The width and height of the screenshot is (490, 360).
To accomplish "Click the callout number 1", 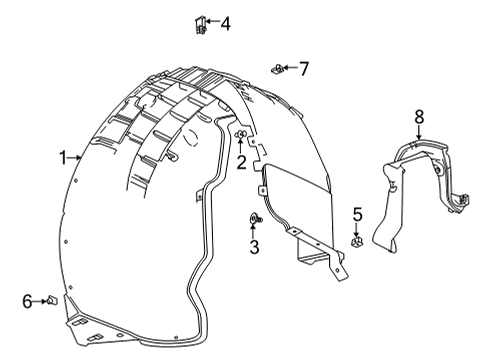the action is [63, 157].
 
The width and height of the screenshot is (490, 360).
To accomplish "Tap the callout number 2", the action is [241, 162].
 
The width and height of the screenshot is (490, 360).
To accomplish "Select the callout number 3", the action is [254, 246].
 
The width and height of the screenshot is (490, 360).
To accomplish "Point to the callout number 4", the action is [224, 22].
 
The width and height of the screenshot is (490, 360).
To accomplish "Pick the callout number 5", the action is [357, 213].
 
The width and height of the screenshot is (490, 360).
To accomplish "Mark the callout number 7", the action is [303, 68].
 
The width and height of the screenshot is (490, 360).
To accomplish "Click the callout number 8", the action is [419, 118].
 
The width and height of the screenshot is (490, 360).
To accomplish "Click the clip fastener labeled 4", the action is [200, 23].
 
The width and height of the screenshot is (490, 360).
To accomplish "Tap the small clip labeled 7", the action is [275, 69].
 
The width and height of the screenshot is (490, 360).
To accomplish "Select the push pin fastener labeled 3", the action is [254, 219].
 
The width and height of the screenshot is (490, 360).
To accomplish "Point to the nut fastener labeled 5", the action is [357, 241].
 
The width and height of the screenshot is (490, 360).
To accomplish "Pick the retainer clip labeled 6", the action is [52, 300].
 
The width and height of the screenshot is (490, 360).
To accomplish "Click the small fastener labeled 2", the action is [240, 134].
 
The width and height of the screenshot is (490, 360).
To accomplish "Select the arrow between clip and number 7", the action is [288, 68].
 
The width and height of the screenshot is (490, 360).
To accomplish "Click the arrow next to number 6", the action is [40, 300].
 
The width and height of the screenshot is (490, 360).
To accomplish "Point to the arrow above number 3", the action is [254, 232].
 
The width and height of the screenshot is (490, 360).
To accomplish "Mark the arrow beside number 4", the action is [212, 22].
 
